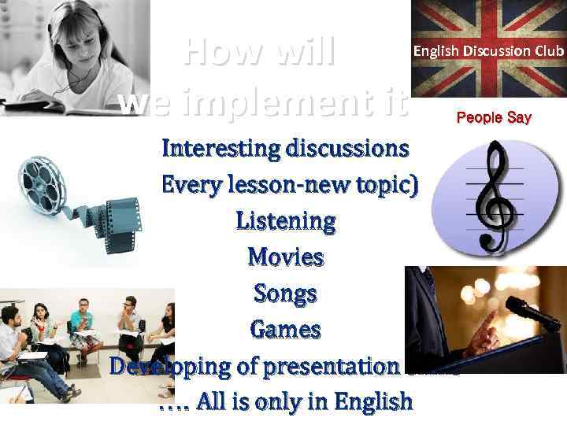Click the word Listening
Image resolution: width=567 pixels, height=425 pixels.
tap(285, 221)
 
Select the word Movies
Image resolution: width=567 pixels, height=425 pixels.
tap(285, 257)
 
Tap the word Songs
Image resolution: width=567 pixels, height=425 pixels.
tap(285, 294)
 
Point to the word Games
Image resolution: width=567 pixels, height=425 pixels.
tap(285, 329)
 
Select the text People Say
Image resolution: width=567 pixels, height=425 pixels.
tap(494, 118)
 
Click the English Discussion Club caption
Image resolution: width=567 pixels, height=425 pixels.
tap(489, 50)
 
